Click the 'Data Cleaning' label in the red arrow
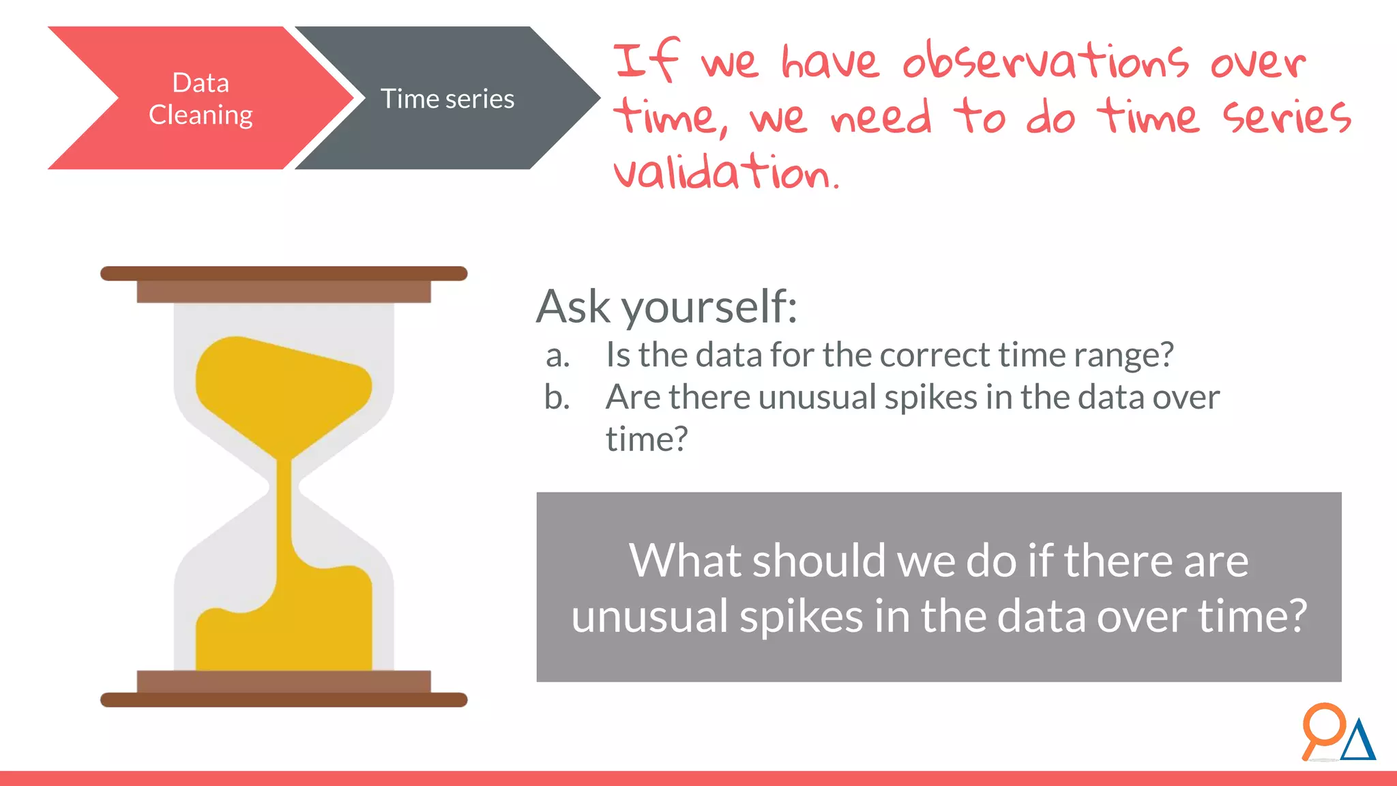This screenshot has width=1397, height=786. coord(201,99)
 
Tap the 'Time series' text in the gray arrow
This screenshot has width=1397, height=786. coord(447,99)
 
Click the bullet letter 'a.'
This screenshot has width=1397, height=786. coord(557,356)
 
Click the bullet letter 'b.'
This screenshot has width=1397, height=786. coord(557,397)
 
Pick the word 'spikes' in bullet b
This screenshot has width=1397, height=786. coord(930,397)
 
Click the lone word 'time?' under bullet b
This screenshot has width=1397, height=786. coord(647,439)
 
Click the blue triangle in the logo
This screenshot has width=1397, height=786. coord(1358,742)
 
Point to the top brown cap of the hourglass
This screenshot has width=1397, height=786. coord(284,274)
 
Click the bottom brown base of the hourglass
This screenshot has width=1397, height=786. coord(284,699)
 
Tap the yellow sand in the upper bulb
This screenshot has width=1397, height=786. coord(280,389)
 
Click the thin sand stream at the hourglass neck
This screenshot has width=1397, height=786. coord(284,505)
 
